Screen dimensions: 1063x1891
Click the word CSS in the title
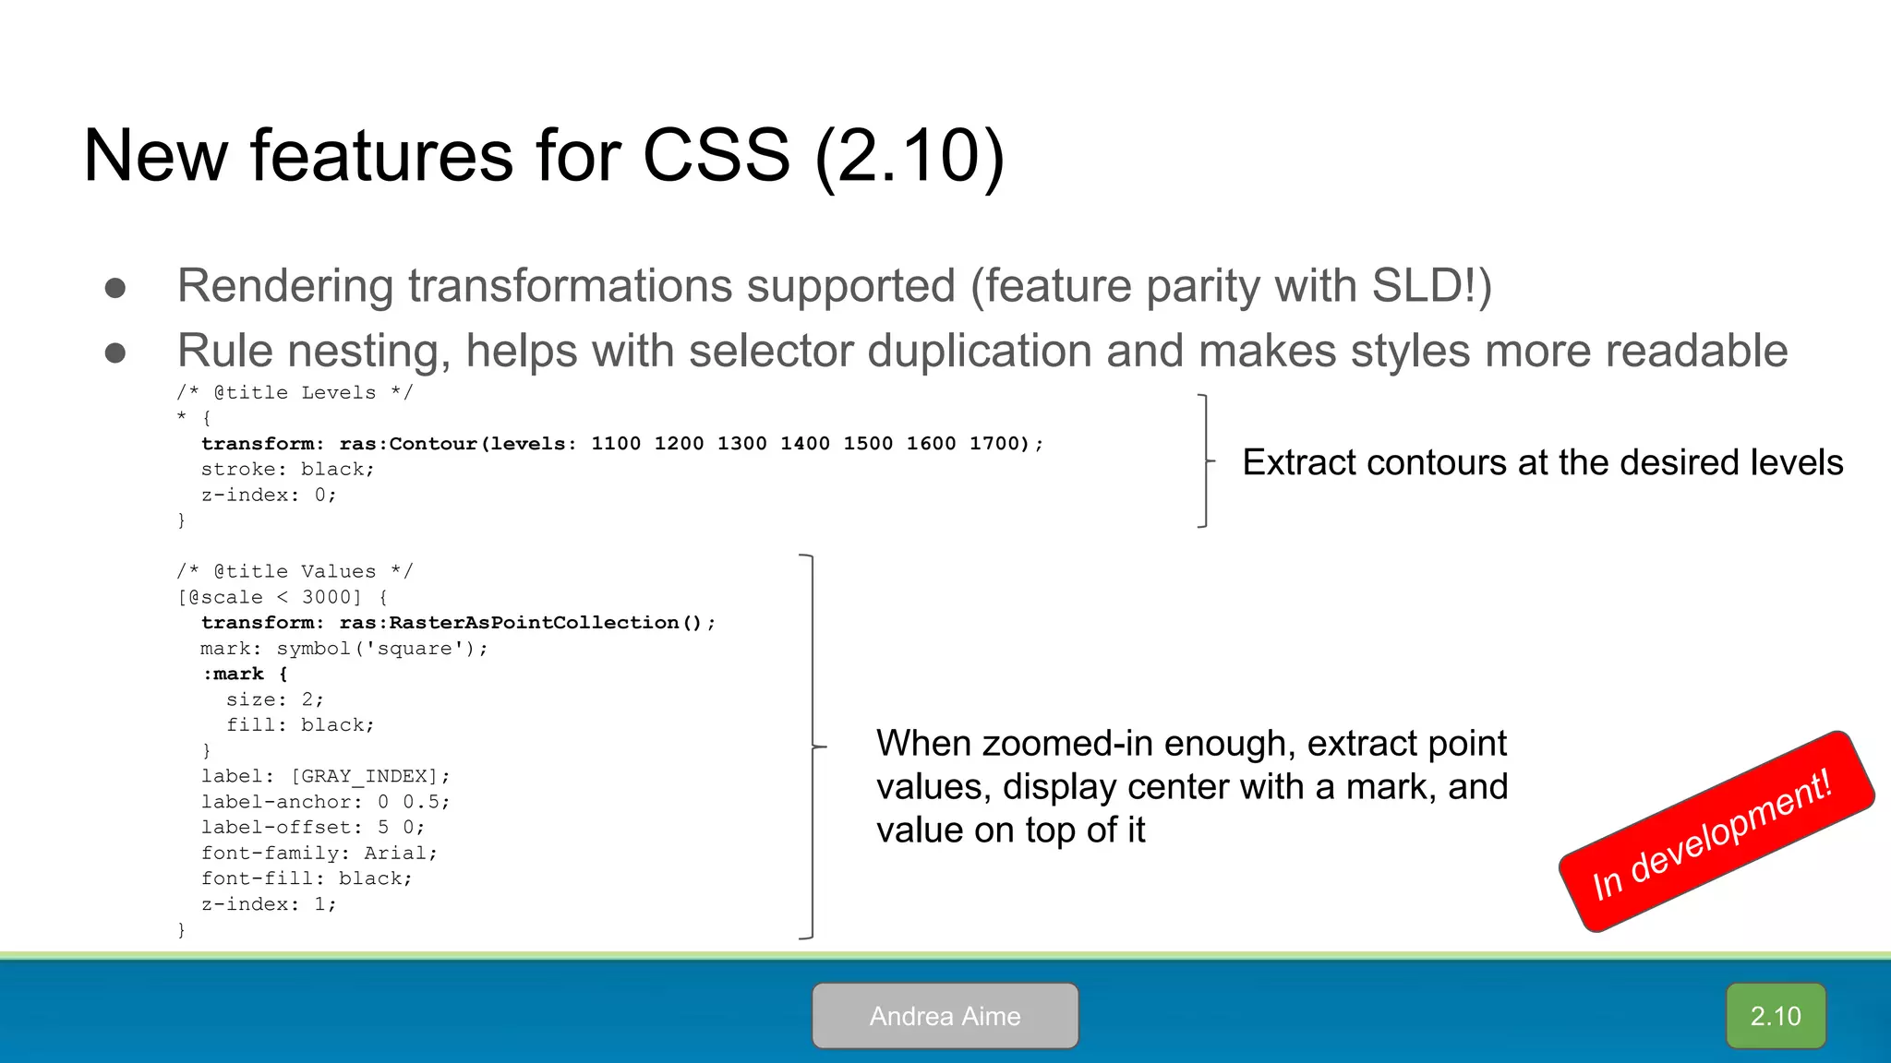[x=716, y=155]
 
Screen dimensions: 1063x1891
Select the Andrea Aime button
[x=945, y=1016]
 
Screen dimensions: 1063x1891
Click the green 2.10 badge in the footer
[x=1775, y=1016]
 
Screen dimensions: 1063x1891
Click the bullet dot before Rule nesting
[x=115, y=352]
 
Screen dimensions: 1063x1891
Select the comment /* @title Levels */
[x=295, y=393]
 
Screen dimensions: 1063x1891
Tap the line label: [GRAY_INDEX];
[x=325, y=776]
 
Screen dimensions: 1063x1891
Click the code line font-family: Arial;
[x=319, y=854]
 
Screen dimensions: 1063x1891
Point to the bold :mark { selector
[x=245, y=675]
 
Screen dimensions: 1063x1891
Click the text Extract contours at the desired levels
[x=1542, y=462]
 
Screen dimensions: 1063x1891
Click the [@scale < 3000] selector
[x=270, y=598]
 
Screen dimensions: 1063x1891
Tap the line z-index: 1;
[x=269, y=904]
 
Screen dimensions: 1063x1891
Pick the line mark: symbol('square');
[x=343, y=649]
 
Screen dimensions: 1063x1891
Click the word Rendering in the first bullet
[x=285, y=286]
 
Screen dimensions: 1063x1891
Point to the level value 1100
[x=615, y=444]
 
